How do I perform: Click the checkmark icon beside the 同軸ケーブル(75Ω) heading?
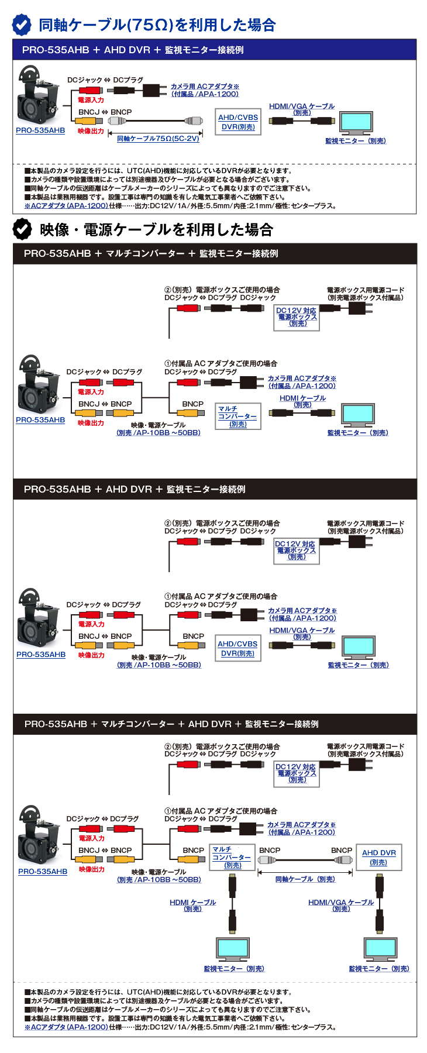coord(22,25)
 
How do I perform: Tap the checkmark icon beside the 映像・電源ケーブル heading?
coord(22,229)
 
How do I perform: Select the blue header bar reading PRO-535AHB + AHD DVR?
coord(215,50)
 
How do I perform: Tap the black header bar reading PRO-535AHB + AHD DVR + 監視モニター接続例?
coord(215,489)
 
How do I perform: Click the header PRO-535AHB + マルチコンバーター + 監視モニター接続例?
coord(215,254)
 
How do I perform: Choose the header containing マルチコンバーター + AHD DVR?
coord(215,724)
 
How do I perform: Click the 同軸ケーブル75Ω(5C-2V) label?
coord(158,139)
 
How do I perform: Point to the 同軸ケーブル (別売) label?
coord(305,879)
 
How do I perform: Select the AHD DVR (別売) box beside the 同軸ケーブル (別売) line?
coord(378,857)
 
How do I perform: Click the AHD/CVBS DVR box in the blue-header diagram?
coord(238,122)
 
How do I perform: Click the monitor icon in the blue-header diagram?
coord(356,122)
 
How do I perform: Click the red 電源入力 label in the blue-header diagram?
coord(91,100)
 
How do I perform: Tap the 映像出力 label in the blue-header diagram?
coord(91,131)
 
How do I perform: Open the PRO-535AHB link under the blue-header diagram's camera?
coord(40,130)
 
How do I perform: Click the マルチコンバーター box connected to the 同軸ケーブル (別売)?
coord(232,857)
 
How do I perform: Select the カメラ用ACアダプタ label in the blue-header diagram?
coord(205,90)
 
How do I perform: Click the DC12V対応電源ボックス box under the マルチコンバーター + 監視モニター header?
coord(297,317)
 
